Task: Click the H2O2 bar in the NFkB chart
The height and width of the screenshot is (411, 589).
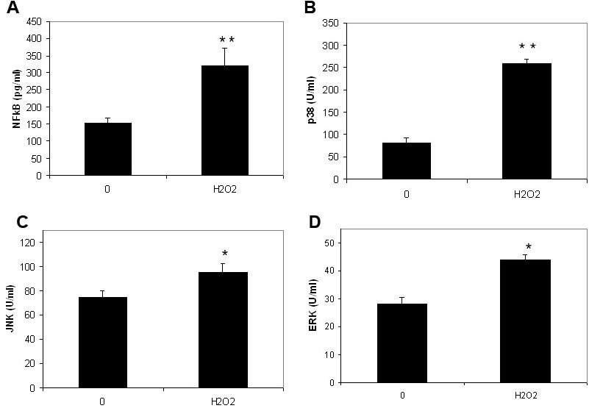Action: coord(225,121)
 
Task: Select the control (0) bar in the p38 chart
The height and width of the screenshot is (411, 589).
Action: coord(407,160)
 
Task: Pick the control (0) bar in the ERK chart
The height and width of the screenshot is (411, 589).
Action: coord(403,343)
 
